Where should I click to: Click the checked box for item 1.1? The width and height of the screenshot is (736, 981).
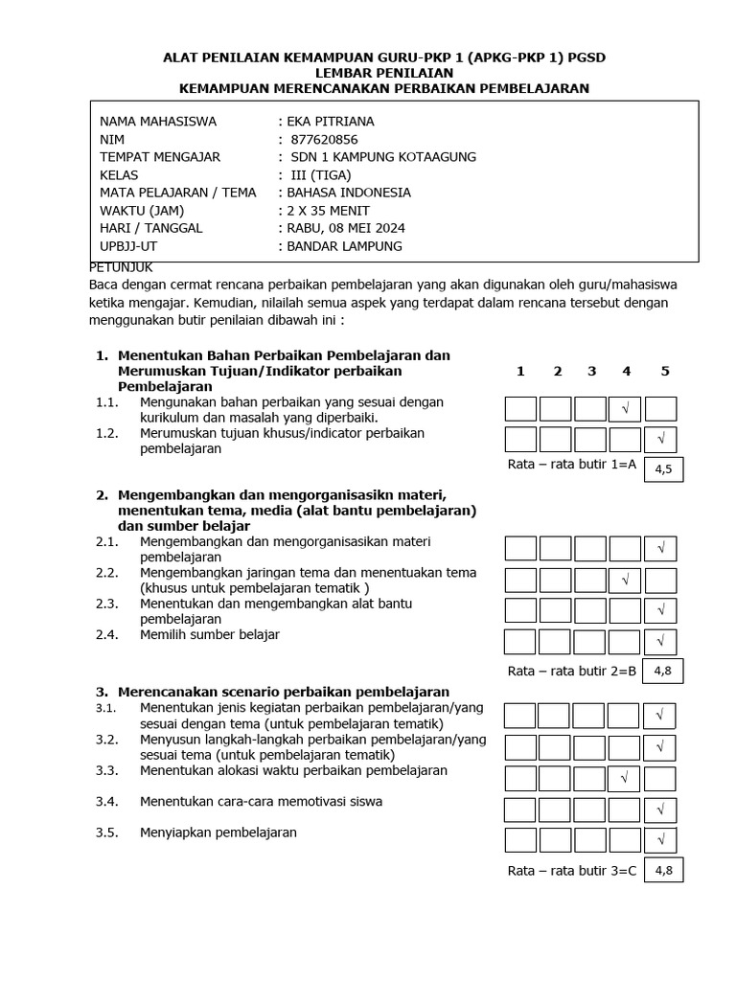pos(626,409)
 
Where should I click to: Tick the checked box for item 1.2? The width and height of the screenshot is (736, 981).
pos(660,440)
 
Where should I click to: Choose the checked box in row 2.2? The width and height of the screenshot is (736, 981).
pos(626,580)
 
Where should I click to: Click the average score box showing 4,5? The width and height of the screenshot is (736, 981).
pos(662,470)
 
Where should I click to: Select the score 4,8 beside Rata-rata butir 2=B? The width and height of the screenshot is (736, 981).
pos(662,672)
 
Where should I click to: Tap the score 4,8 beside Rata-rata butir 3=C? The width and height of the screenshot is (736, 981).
pos(662,871)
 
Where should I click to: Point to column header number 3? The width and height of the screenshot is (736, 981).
pos(591,372)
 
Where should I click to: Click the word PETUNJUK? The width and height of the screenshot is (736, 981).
pos(121,267)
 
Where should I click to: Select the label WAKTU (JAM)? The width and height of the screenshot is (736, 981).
pos(142,211)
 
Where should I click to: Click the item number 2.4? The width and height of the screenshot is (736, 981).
pos(106,634)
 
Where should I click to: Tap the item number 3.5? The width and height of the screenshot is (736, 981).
pos(106,833)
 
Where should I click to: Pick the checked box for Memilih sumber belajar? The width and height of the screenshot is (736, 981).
pos(660,641)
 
